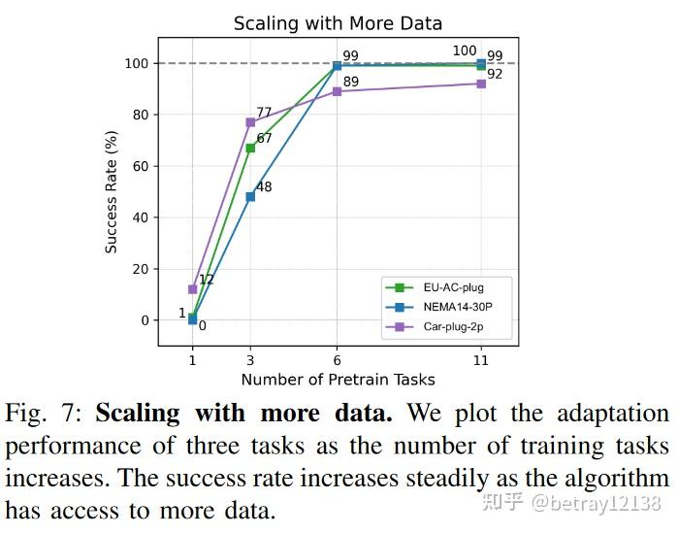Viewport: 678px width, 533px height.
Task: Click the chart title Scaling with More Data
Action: point(337,23)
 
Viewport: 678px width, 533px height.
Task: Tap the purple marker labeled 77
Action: point(250,122)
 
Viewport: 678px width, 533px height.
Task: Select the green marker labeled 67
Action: point(250,148)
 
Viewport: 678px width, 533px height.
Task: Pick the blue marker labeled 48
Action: point(250,196)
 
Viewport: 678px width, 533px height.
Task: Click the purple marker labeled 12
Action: point(192,289)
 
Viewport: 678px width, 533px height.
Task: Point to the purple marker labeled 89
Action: point(337,91)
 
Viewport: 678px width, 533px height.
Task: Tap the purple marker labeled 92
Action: point(481,83)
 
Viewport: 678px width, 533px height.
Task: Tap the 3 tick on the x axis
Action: point(250,359)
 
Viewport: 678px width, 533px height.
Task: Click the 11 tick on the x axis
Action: point(481,359)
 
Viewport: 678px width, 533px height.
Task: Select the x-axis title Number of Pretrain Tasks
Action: point(337,380)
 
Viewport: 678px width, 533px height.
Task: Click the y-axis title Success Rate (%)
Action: point(112,191)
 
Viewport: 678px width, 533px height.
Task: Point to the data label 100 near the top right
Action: point(465,50)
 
